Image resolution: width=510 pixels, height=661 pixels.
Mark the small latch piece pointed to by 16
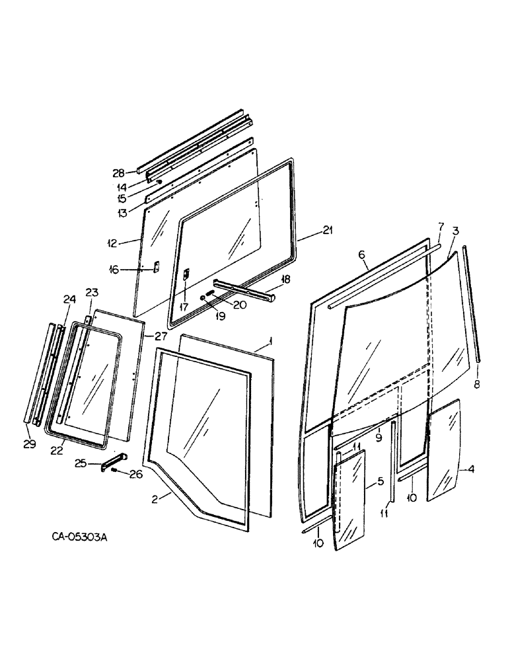156,266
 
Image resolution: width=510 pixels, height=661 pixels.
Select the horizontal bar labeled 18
253,290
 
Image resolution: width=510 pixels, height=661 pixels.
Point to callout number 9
378,437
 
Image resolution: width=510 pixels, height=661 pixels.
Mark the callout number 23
91,292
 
